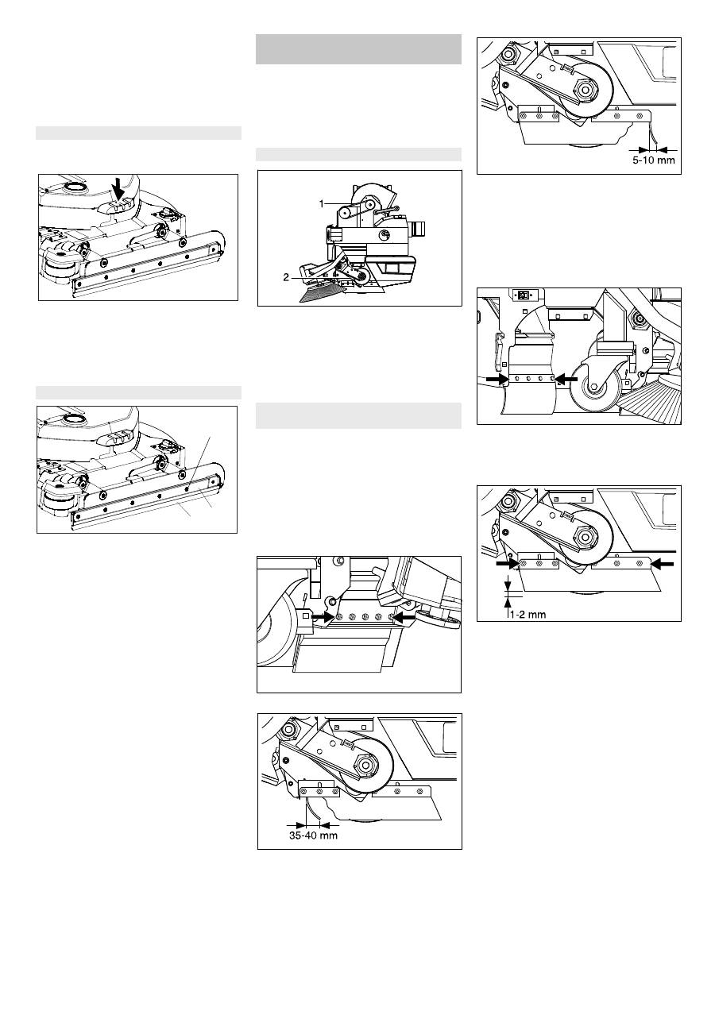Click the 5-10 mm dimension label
coord(654,160)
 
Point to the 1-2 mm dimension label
coord(528,614)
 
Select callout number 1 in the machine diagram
coord(322,204)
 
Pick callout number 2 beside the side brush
coord(286,278)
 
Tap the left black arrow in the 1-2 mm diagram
coord(508,564)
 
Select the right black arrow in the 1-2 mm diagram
coord(663,563)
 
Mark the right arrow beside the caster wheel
coord(566,380)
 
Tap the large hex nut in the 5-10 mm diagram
coord(586,90)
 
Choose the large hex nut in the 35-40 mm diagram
coord(366,766)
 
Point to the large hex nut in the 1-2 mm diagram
coord(586,538)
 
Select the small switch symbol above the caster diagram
coord(524,295)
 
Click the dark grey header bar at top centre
coord(358,48)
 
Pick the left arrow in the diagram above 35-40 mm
coord(323,615)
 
